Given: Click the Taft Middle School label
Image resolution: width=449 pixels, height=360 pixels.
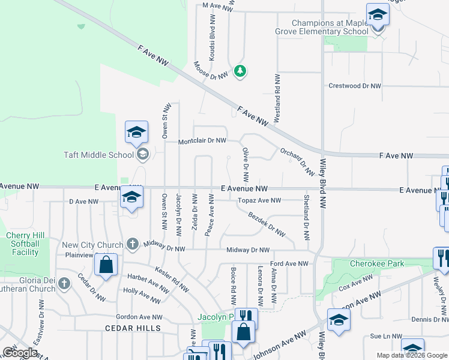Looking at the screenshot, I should pyautogui.click(x=98, y=155).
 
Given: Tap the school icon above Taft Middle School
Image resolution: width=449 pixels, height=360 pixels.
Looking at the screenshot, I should pyautogui.click(x=136, y=133).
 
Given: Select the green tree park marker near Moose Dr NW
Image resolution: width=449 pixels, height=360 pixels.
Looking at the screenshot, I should pyautogui.click(x=240, y=71).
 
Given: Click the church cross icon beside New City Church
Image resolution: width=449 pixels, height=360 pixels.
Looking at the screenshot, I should pyautogui.click(x=133, y=244).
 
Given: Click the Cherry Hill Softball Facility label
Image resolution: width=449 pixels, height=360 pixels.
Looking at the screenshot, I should pyautogui.click(x=23, y=244).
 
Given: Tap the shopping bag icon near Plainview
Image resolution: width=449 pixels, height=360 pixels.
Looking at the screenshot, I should pyautogui.click(x=106, y=266).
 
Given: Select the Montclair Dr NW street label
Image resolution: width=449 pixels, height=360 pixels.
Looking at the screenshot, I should pyautogui.click(x=202, y=141).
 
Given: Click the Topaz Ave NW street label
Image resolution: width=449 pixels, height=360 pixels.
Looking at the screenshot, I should pyautogui.click(x=259, y=200).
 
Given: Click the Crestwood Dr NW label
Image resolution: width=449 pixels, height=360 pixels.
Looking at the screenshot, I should pyautogui.click(x=355, y=86).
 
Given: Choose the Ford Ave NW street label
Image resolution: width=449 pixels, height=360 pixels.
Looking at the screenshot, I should pyautogui.click(x=289, y=263).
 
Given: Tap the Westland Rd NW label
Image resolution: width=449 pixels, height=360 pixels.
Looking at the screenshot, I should pyautogui.click(x=277, y=99).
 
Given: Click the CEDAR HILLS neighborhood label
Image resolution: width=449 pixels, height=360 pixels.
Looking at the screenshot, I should pyautogui.click(x=133, y=328).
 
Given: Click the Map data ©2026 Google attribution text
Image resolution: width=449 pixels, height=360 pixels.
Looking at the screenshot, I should pyautogui.click(x=411, y=355).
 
